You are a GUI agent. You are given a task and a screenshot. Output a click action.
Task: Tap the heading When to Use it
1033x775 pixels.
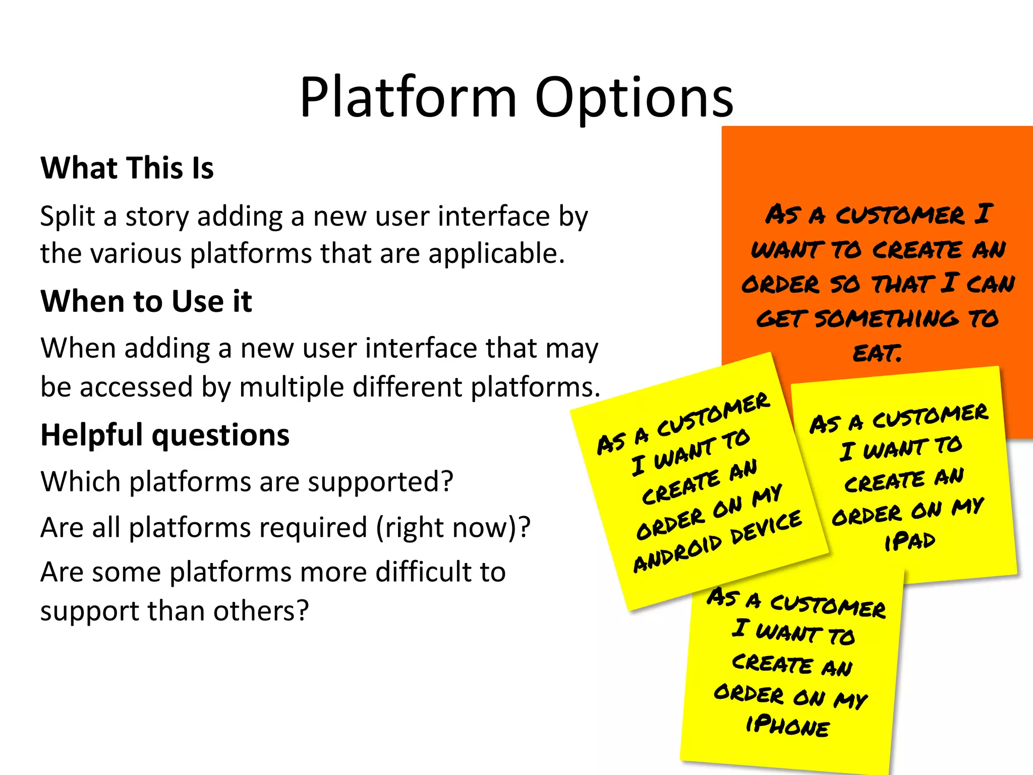[x=146, y=301]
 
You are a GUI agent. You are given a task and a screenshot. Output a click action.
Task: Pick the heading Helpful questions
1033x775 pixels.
[x=165, y=435]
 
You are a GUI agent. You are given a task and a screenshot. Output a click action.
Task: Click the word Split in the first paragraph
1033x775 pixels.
[x=68, y=217]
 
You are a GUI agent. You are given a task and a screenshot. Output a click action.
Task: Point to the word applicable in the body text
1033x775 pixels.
[x=496, y=253]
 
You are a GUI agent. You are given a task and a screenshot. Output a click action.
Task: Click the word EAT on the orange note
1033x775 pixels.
[x=877, y=353]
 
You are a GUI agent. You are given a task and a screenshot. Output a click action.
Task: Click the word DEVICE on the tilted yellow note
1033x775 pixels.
[x=766, y=527]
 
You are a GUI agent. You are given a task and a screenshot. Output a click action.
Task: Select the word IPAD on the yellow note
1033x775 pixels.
[x=910, y=541]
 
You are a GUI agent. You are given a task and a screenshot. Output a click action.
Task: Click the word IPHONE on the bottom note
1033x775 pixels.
[x=788, y=726]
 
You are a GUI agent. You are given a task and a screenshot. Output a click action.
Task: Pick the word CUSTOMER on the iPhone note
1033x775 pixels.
[x=828, y=606]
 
